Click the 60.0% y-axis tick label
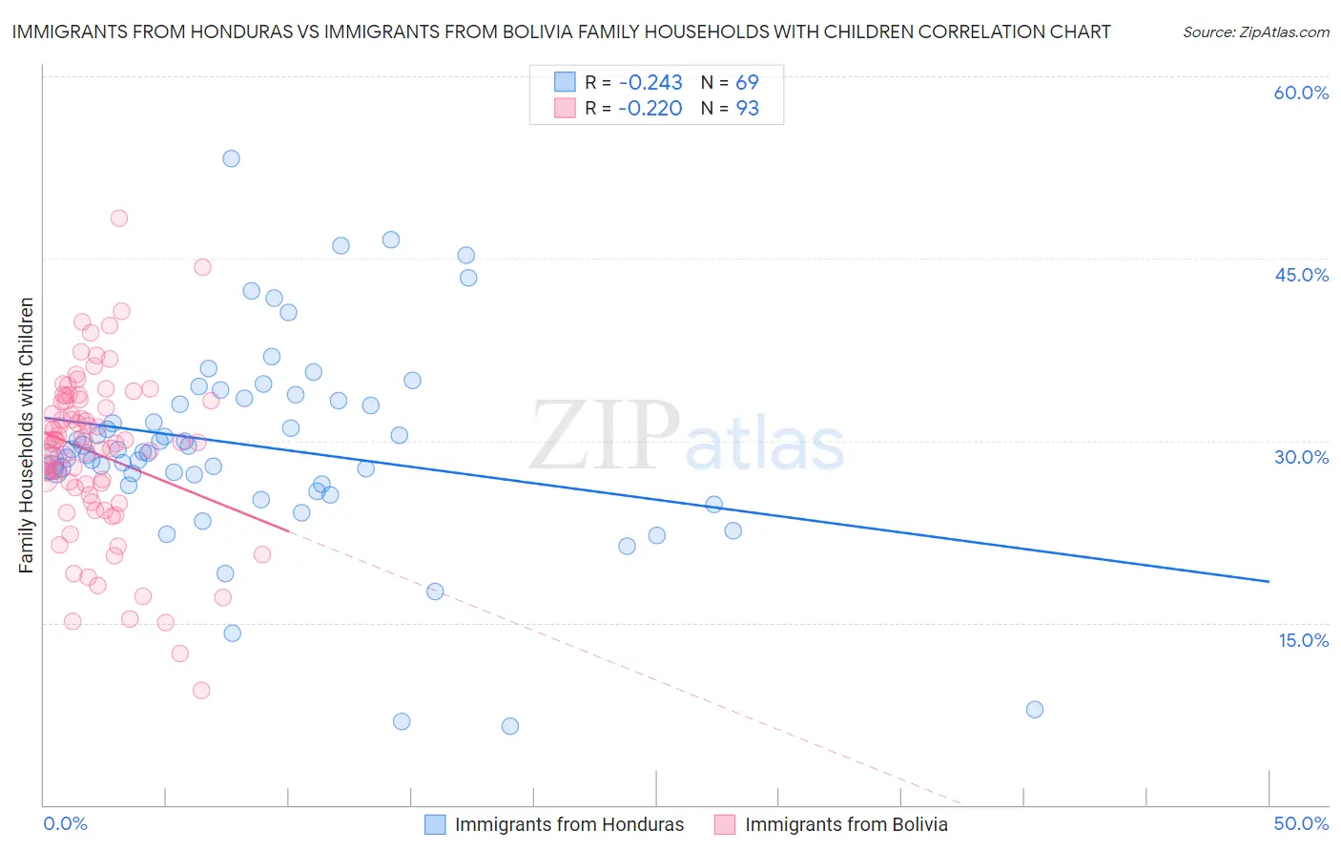tap(1301, 93)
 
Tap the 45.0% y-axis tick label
tap(1301, 275)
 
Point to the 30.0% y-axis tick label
tap(1301, 457)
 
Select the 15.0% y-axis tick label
tap(1303, 639)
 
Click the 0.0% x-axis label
tap(65, 823)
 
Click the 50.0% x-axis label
tap(1301, 823)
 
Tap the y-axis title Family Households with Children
tap(26, 435)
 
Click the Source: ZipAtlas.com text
tap(1255, 32)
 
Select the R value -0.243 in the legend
tap(650, 83)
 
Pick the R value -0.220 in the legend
tap(650, 109)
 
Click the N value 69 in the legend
tap(747, 83)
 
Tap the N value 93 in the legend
tap(747, 109)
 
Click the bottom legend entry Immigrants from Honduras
tap(568, 824)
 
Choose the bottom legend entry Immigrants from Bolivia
tap(845, 824)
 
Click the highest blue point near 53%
tap(231, 158)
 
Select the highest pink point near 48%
tap(119, 218)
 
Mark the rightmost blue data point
tap(1035, 709)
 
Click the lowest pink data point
tap(201, 690)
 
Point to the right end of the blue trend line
tap(1269, 581)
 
